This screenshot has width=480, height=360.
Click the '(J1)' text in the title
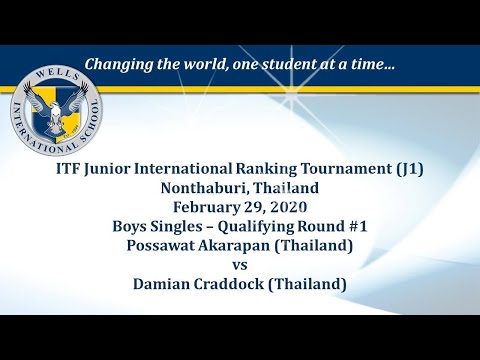[408, 169]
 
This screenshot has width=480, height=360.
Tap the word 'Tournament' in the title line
[345, 169]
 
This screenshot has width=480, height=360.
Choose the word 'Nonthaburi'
[201, 188]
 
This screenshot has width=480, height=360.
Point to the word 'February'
[205, 207]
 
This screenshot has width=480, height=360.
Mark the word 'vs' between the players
[240, 264]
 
